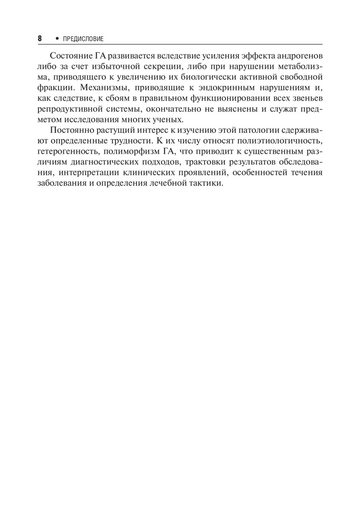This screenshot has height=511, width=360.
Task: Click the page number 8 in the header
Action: click(x=39, y=39)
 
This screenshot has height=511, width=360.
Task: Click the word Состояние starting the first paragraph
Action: click(x=70, y=55)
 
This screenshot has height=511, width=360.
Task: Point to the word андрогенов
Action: click(x=300, y=55)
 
